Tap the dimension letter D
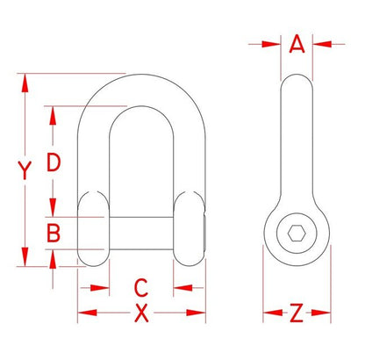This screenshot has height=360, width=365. tap(54, 162)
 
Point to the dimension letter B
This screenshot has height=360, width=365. tap(54, 234)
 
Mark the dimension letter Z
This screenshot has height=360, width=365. tap(297, 313)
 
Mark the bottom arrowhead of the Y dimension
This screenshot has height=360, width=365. tap(25, 262)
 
